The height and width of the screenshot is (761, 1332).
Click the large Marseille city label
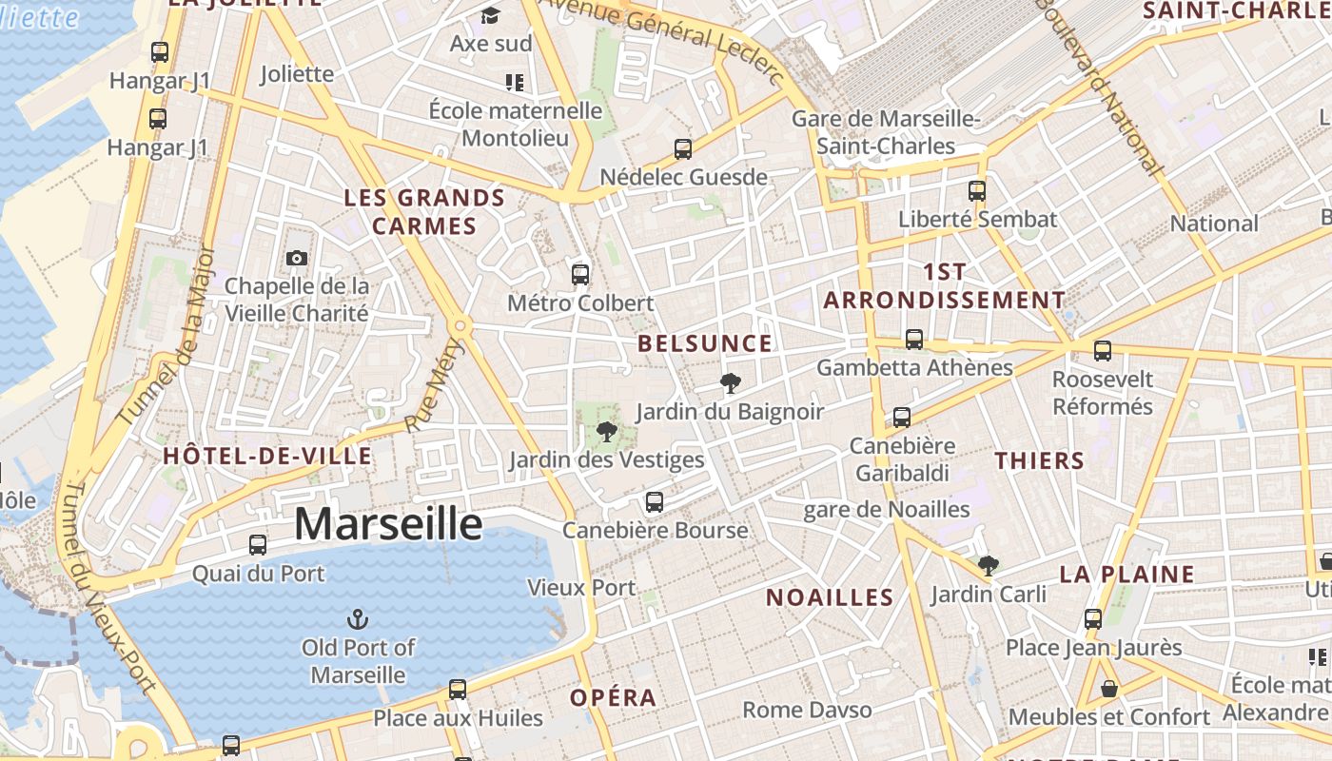tap(388, 524)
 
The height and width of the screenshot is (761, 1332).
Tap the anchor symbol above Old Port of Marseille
tap(359, 619)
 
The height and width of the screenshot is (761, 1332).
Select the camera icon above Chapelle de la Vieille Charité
tap(297, 258)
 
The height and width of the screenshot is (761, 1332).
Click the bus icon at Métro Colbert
tap(580, 275)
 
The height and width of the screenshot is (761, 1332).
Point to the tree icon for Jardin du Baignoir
tap(730, 383)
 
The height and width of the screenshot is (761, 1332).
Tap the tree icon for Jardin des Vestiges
tap(606, 433)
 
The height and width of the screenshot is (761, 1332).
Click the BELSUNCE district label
tap(705, 343)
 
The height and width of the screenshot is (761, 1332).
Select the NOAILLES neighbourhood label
tap(830, 597)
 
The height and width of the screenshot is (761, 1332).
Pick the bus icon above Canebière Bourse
tap(655, 502)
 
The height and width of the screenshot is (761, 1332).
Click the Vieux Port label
tap(581, 588)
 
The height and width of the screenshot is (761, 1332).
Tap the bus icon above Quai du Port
tap(258, 545)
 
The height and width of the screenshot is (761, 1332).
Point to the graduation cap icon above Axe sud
tap(490, 16)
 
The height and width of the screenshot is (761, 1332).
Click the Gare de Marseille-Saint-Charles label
tap(886, 132)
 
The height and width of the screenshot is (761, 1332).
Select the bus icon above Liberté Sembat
tap(977, 190)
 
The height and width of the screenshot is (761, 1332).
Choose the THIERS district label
tap(1040, 461)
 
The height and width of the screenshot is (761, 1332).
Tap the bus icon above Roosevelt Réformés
tap(1103, 351)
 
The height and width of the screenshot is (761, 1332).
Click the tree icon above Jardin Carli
tap(989, 566)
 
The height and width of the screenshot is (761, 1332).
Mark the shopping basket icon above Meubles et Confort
tap(1108, 689)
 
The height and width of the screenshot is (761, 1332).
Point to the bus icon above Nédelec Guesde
tap(683, 148)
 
